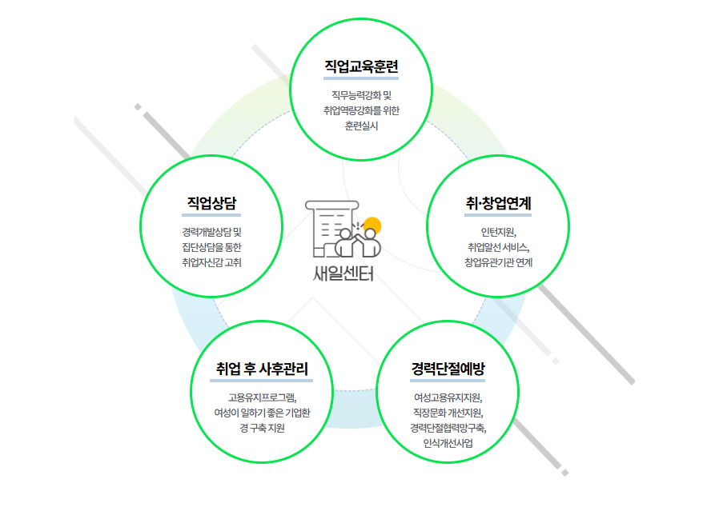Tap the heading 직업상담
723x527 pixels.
click(211, 202)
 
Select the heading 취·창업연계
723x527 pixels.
click(498, 203)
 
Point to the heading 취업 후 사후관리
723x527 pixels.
click(262, 369)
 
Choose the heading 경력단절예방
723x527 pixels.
click(448, 369)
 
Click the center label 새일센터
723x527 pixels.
click(343, 273)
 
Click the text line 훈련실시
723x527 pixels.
click(361, 126)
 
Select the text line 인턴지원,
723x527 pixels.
click(498, 232)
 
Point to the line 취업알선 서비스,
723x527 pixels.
click(498, 247)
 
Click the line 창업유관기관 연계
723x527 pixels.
click(498, 262)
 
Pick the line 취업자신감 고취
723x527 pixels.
click(211, 262)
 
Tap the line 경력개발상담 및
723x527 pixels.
click(211, 232)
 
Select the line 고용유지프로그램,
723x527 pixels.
click(262, 397)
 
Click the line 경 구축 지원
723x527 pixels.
click(262, 428)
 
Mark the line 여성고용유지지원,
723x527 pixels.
click(448, 397)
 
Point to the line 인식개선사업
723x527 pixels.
click(448, 443)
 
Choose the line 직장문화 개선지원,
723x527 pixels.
click(448, 413)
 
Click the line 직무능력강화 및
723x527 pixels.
click(361, 95)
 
